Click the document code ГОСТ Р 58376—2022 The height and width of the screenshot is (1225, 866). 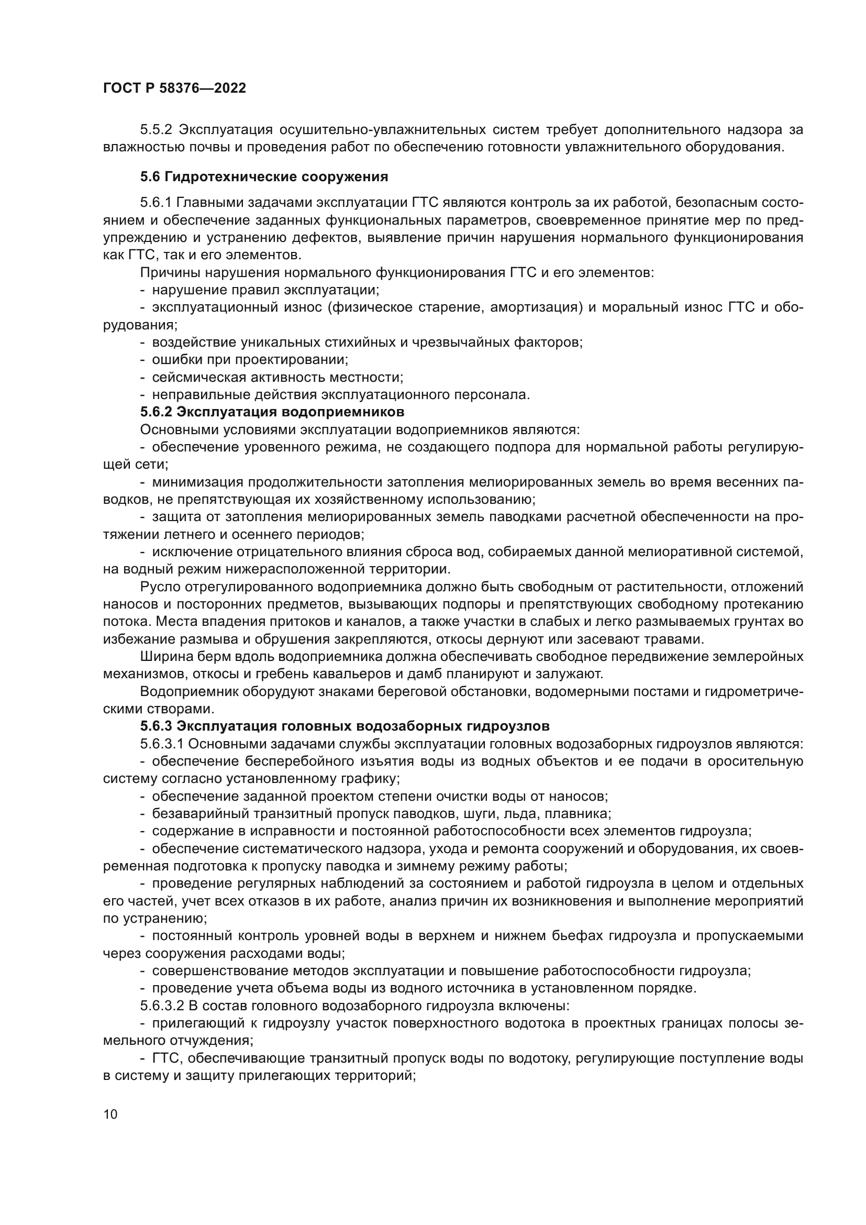point(174,89)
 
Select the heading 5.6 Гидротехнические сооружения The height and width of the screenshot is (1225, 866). point(264,176)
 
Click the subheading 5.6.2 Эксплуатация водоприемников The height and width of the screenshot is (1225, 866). point(272,412)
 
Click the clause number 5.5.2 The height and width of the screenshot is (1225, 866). point(156,130)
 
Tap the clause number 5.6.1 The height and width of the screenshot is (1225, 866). point(156,203)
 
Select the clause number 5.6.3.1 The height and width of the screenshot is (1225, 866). point(162,744)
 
